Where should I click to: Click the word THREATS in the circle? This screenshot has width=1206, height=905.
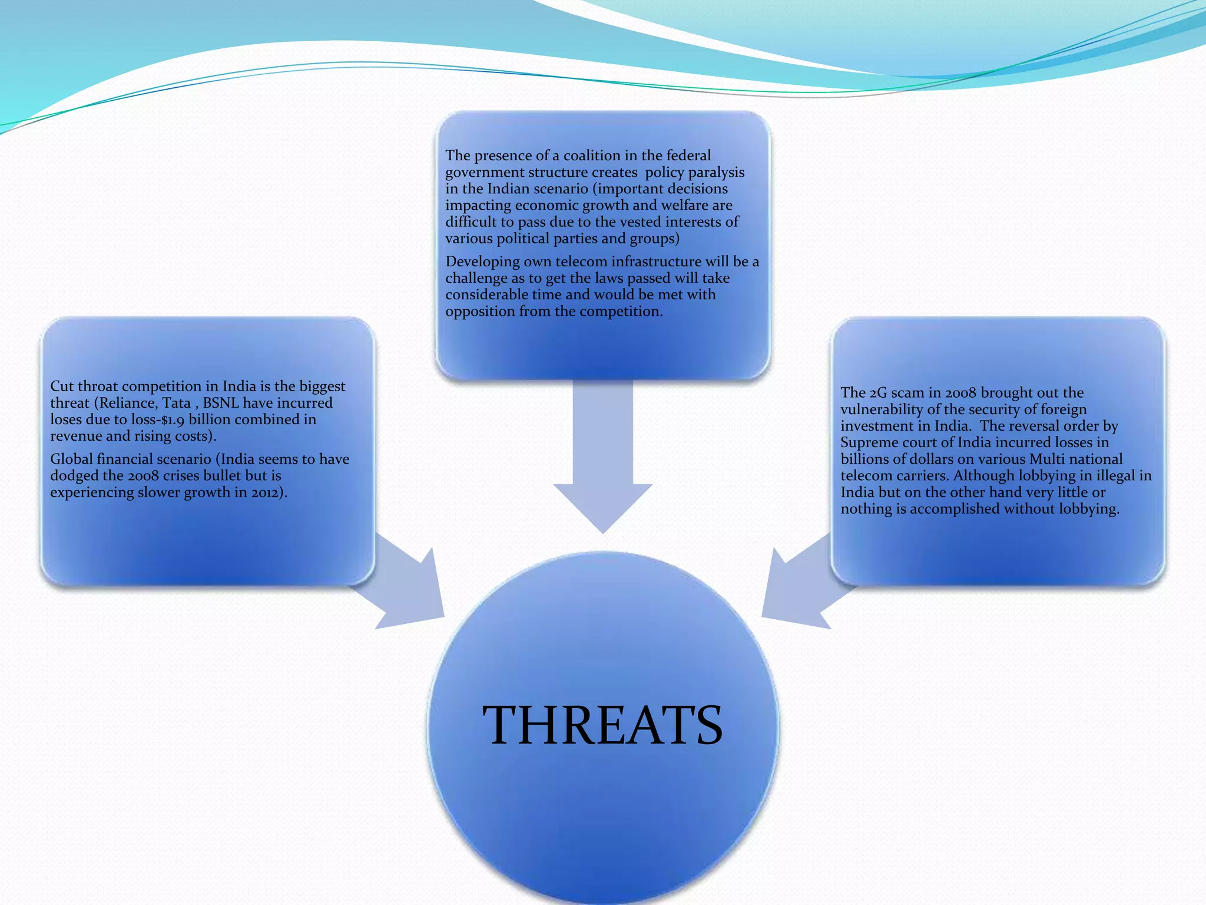pyautogui.click(x=602, y=725)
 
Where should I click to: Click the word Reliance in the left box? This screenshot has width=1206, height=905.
pyautogui.click(x=128, y=403)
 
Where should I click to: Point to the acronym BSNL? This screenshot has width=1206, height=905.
pyautogui.click(x=221, y=403)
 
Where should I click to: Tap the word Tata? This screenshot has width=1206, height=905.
pyautogui.click(x=176, y=403)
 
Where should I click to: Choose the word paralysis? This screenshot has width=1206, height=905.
pyautogui.click(x=716, y=172)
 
